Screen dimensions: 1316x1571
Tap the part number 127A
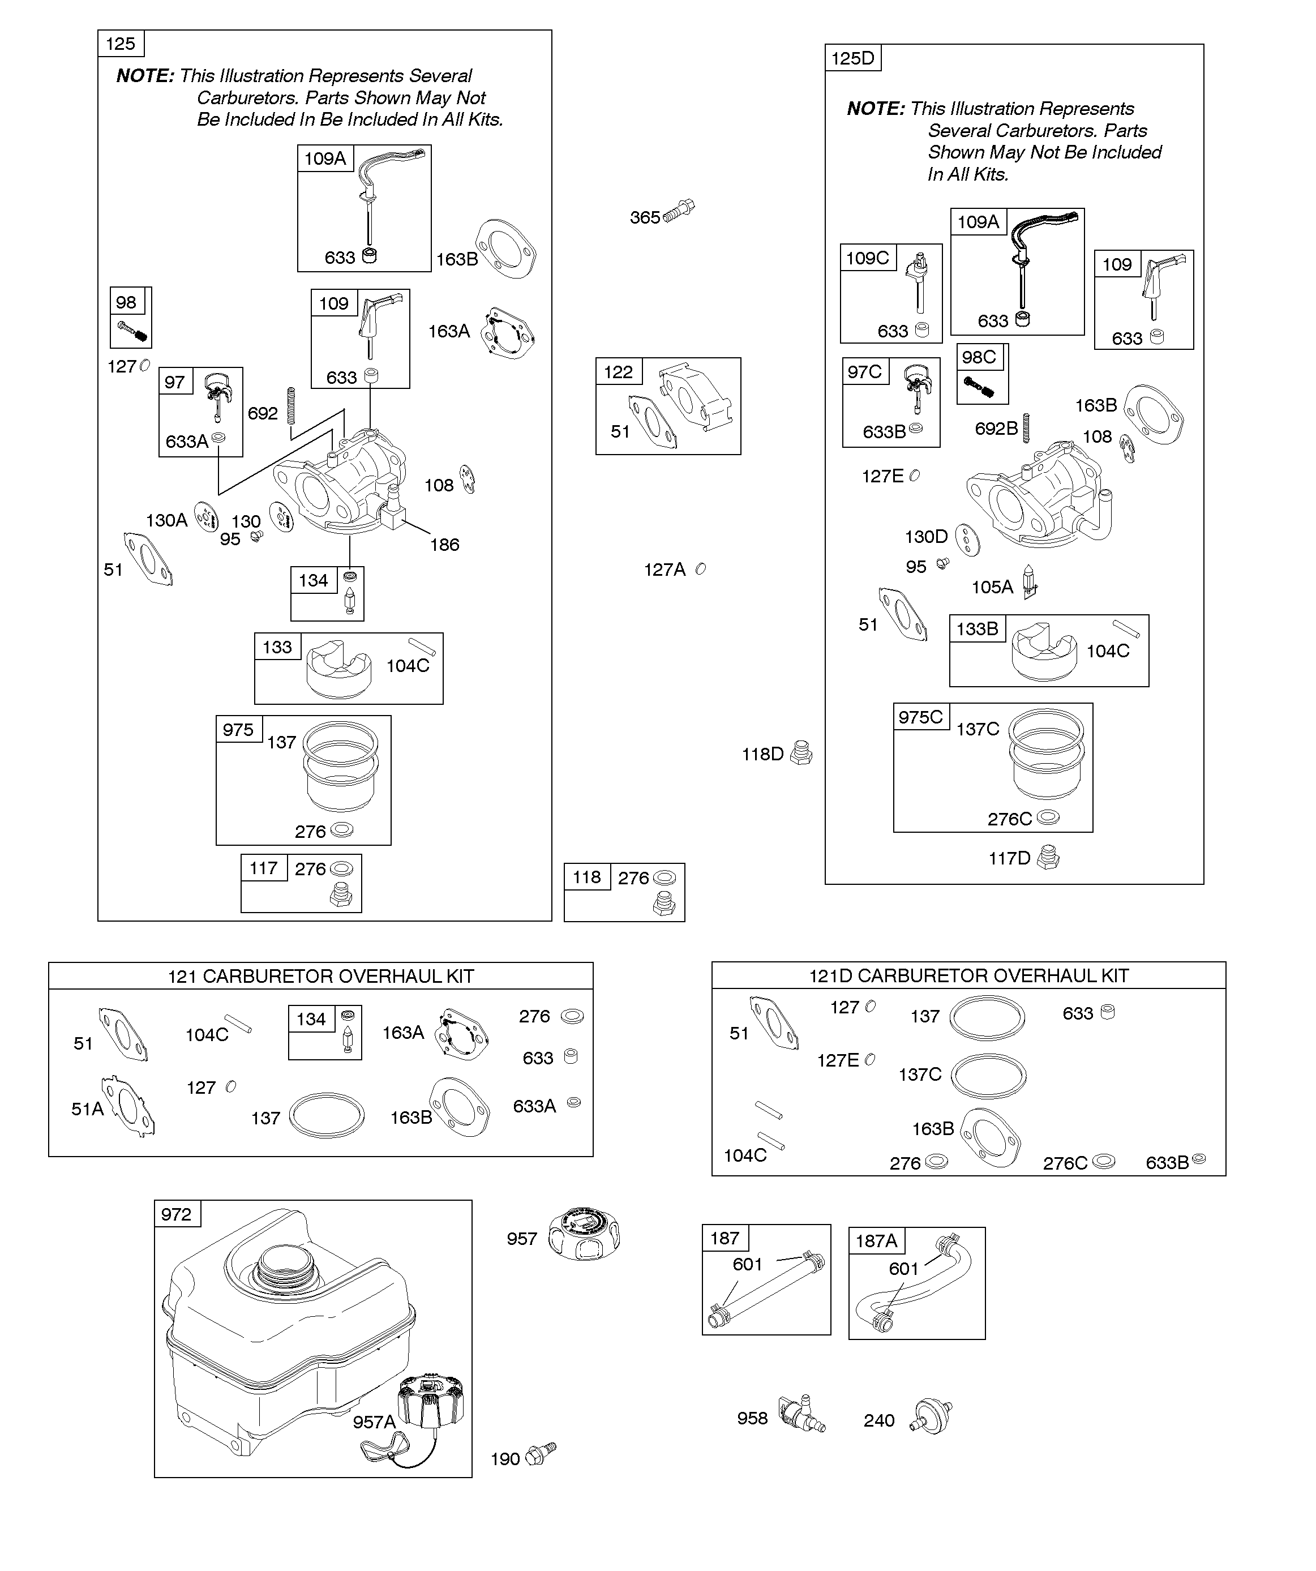665,570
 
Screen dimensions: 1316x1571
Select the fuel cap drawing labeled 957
584,1234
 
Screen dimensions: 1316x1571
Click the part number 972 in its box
177,1214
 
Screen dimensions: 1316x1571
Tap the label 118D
762,754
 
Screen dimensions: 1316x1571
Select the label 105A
992,587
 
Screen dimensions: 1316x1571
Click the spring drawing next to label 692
291,405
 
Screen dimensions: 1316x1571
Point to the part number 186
444,545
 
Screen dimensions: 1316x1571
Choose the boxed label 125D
853,58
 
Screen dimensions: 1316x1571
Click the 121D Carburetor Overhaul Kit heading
969,975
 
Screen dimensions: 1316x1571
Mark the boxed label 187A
876,1241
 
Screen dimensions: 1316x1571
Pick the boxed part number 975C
921,717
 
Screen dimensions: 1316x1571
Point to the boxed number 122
619,372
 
